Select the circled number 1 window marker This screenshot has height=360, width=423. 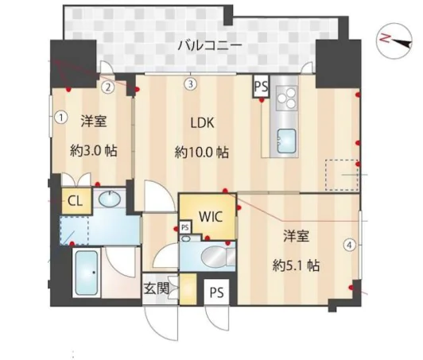pyautogui.click(x=60, y=117)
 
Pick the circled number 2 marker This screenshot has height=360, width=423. pyautogui.click(x=107, y=87)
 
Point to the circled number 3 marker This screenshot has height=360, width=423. pyautogui.click(x=191, y=83)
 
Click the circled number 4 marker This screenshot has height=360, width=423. pyautogui.click(x=349, y=245)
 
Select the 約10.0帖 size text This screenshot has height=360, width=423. pyautogui.click(x=202, y=152)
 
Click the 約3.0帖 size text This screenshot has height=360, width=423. pyautogui.click(x=95, y=150)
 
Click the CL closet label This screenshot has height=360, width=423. pyautogui.click(x=74, y=200)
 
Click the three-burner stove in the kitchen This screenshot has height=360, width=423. pyautogui.click(x=285, y=100)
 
